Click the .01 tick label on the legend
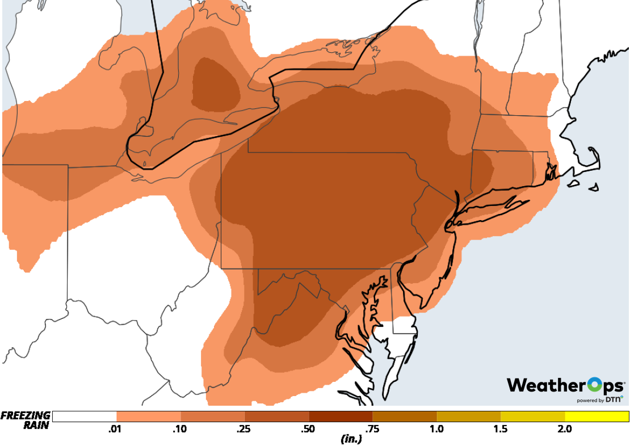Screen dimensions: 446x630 click(x=116, y=429)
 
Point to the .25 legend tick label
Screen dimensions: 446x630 click(x=245, y=429)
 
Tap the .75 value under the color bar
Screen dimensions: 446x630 click(x=373, y=429)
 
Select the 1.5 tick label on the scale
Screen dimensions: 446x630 click(x=501, y=429)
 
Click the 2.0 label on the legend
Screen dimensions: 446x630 click(x=564, y=429)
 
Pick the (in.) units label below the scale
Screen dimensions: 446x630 click(x=351, y=439)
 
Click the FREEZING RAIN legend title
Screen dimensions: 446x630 click(x=26, y=420)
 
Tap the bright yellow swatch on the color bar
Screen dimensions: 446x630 click(x=597, y=416)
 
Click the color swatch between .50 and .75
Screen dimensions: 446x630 click(x=341, y=416)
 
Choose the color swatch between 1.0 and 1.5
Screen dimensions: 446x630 click(x=469, y=416)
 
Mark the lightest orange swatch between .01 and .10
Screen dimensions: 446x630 click(x=148, y=416)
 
